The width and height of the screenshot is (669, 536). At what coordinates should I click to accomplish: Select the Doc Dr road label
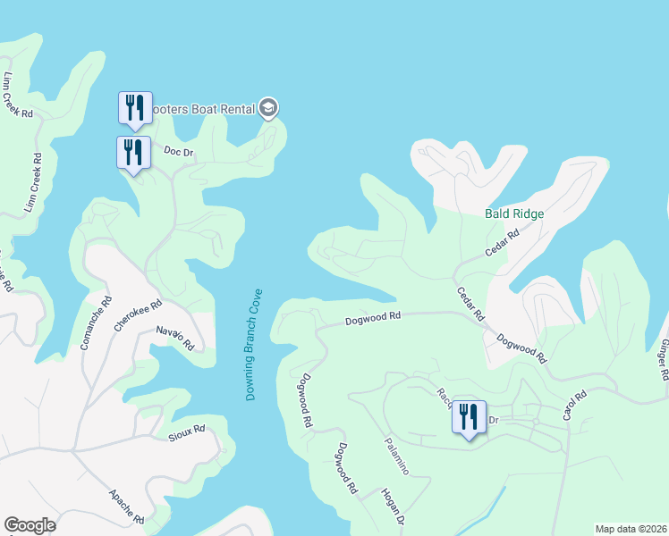tap(179, 152)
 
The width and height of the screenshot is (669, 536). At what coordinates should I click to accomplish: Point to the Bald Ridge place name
tap(514, 214)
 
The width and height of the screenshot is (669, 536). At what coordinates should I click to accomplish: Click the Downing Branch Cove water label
tap(254, 344)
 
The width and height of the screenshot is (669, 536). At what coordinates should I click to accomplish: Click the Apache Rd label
tap(126, 507)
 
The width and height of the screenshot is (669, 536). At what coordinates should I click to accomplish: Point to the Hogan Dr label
tap(394, 507)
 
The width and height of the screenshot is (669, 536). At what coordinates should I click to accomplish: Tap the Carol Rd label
tap(573, 406)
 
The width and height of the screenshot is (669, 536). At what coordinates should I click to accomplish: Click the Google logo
tap(30, 525)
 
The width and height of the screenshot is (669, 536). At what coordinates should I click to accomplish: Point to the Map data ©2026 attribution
tap(631, 529)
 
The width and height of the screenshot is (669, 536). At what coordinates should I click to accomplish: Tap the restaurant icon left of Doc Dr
tap(133, 153)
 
